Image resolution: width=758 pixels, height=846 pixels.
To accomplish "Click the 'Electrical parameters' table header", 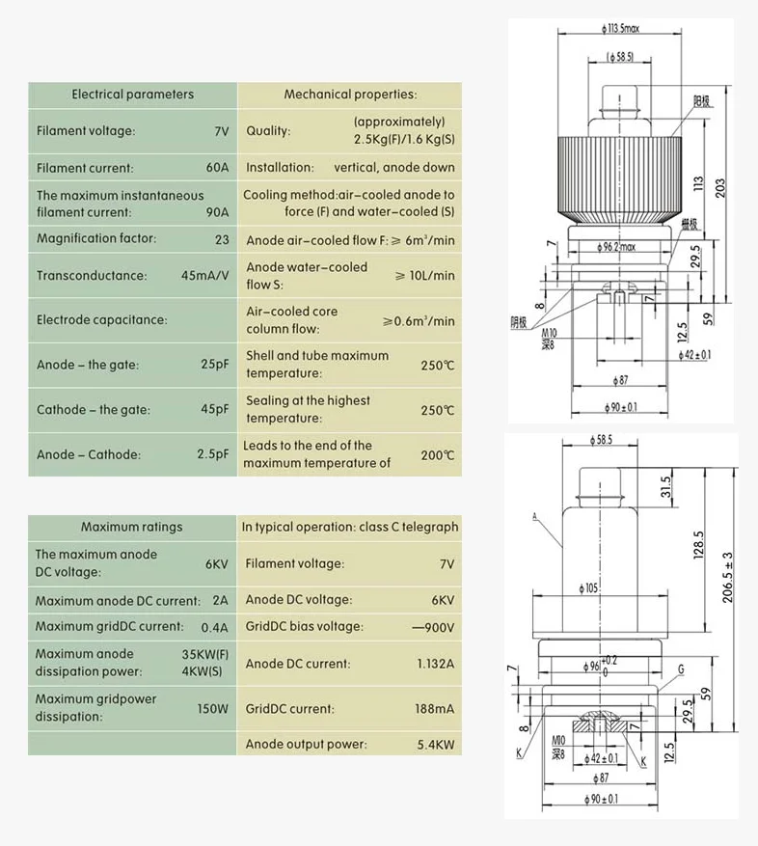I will pyautogui.click(x=132, y=95).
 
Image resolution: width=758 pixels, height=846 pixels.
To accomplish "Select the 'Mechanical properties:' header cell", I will pyautogui.click(x=350, y=95).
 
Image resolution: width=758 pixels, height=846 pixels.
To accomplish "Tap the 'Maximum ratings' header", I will pyautogui.click(x=131, y=527).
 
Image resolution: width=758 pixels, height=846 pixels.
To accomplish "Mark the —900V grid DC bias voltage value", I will pyautogui.click(x=433, y=626).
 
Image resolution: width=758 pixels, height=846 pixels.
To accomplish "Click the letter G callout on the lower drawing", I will pyautogui.click(x=681, y=668).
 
